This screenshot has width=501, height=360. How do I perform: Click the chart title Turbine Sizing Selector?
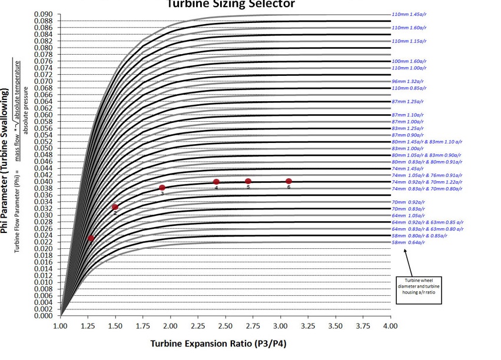230,4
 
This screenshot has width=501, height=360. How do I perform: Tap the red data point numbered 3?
162,188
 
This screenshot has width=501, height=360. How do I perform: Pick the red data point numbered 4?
217,182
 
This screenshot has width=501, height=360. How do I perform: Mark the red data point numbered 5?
248,181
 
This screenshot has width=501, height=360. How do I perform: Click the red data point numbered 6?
288,181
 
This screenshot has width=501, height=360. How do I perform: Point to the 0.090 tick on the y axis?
43,14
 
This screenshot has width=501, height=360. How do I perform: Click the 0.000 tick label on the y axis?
43,316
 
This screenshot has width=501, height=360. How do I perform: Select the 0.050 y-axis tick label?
43,148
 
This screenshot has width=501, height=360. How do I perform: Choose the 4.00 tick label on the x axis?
390,325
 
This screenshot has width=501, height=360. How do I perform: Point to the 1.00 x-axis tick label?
60,325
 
